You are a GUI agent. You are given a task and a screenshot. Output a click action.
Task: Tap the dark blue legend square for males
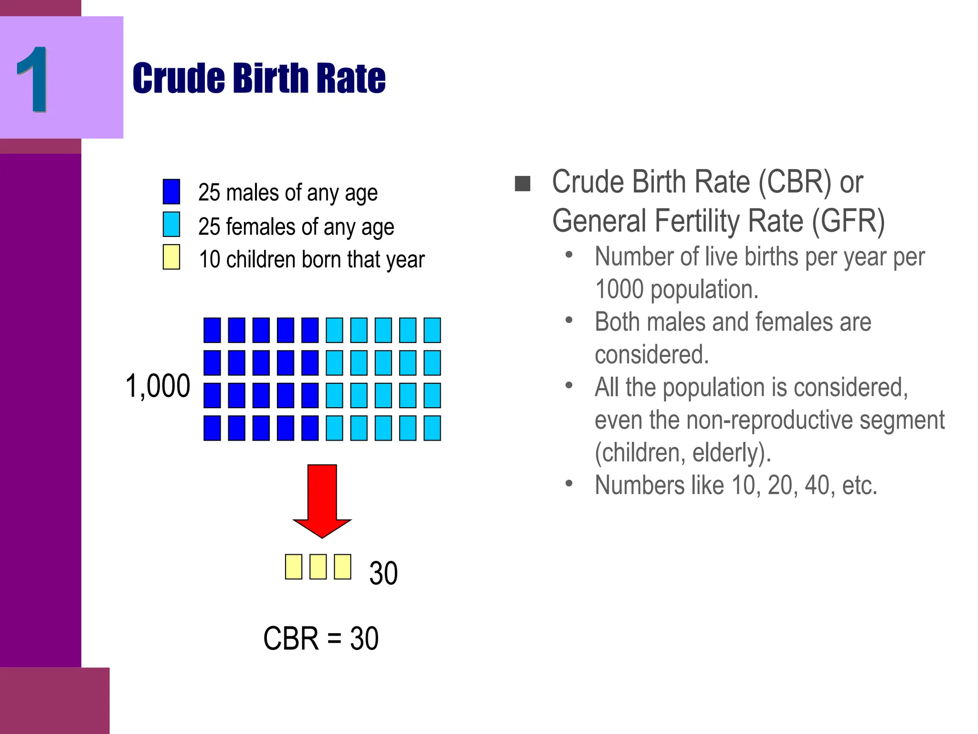(x=171, y=192)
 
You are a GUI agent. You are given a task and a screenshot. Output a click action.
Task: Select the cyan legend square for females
(x=171, y=225)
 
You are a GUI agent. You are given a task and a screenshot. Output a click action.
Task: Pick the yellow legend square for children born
(x=171, y=257)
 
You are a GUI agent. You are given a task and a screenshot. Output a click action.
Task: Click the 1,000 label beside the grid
(x=158, y=386)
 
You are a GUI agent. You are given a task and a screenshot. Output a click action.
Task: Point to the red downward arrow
(x=322, y=499)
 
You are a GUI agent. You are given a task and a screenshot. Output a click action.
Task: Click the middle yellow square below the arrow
(x=318, y=567)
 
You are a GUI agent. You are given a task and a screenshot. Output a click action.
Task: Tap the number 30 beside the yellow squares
(x=383, y=573)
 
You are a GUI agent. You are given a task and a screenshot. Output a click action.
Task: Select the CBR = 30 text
(x=321, y=638)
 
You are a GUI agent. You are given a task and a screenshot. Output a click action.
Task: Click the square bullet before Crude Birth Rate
(x=522, y=183)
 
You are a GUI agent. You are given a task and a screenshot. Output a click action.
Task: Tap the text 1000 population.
(x=676, y=290)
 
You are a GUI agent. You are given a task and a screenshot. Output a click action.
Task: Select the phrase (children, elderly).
(x=683, y=453)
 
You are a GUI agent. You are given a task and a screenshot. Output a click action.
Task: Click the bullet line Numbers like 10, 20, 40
(x=735, y=486)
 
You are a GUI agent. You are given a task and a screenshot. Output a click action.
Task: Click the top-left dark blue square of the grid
(x=212, y=330)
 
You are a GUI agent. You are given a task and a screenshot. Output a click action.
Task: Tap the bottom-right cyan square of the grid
(x=432, y=428)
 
